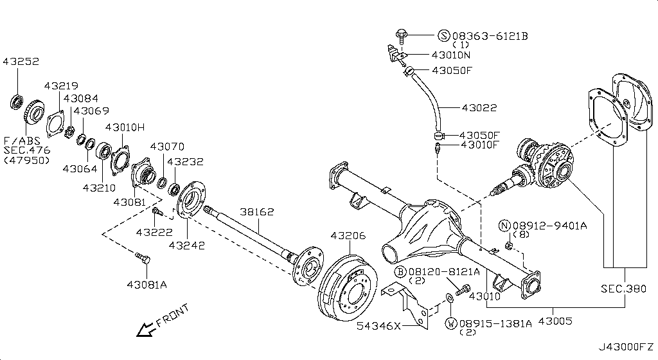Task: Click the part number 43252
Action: (x=21, y=62)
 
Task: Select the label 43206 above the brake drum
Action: (x=348, y=236)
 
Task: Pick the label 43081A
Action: (x=147, y=284)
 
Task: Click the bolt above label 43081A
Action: (x=143, y=259)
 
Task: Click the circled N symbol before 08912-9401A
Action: (x=504, y=225)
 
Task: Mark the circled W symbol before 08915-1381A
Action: (x=452, y=323)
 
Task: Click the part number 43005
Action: (x=555, y=320)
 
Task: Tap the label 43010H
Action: (x=125, y=127)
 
